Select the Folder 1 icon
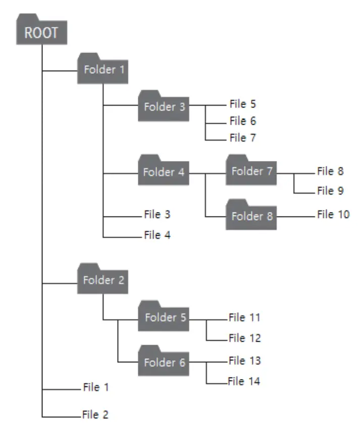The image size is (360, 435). [x=103, y=69]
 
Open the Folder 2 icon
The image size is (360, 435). [x=103, y=280]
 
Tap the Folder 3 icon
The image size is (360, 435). [x=164, y=106]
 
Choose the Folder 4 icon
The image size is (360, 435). [x=164, y=172]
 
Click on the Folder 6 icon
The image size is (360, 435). [x=164, y=362]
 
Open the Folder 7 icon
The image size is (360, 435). [x=252, y=172]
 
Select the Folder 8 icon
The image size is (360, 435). [x=252, y=216]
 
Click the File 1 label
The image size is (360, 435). [x=95, y=388]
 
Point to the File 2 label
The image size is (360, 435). [x=95, y=415]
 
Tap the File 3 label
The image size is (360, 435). [x=157, y=214]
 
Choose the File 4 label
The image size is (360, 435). [x=157, y=235]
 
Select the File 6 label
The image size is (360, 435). [x=242, y=121]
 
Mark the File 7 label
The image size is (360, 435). [x=242, y=137]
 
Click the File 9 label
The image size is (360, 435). [x=330, y=191]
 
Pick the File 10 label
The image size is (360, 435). [x=333, y=214]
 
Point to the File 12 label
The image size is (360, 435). [x=244, y=338]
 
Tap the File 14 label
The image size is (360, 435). [x=244, y=382]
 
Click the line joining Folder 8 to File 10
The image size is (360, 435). [x=296, y=216]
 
